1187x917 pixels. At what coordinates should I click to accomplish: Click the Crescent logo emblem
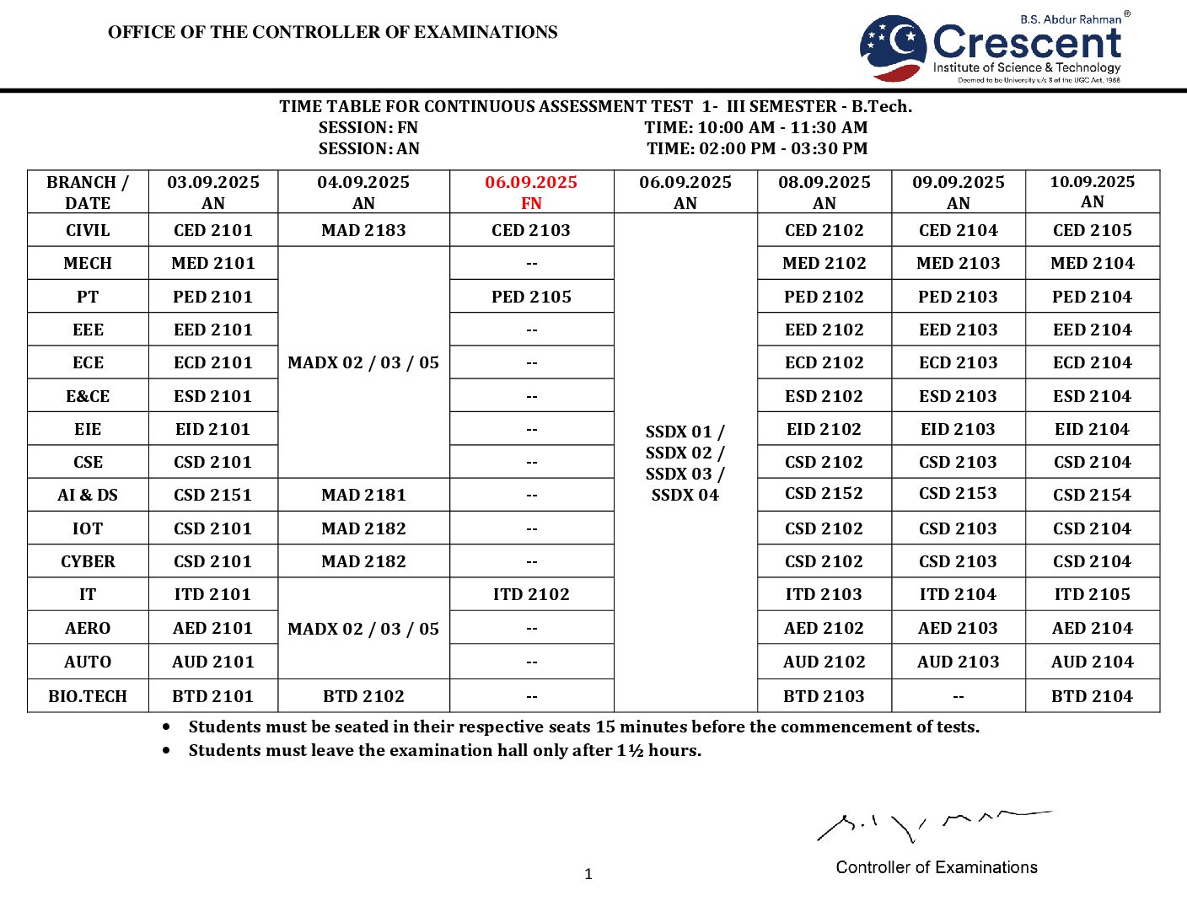pos(893,47)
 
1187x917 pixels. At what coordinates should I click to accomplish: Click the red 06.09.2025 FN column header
pos(531,192)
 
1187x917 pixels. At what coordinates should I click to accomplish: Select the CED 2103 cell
pos(531,230)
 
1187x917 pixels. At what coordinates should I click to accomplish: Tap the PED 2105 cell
pos(531,297)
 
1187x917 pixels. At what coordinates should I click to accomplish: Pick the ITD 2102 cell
pos(531,594)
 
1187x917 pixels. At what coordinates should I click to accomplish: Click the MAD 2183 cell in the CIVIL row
pos(363,230)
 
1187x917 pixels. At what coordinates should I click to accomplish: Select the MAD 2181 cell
pos(363,495)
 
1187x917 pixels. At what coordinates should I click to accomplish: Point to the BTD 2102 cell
pos(363,696)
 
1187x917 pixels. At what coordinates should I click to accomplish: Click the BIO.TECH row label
pos(88,696)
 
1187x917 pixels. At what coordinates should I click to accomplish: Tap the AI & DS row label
pos(88,495)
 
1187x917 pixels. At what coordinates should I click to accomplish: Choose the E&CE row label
pos(88,396)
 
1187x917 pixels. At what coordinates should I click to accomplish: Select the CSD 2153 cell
pos(958,494)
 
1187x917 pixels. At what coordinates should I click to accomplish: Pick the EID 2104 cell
pos(1092,429)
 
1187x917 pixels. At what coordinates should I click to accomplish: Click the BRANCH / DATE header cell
pos(88,192)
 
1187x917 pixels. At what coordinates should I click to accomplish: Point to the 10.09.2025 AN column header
pos(1092,191)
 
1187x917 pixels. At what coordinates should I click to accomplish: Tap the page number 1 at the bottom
pos(588,874)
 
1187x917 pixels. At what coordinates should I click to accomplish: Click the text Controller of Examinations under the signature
pos(936,867)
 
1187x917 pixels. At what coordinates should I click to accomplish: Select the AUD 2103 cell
pos(958,662)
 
